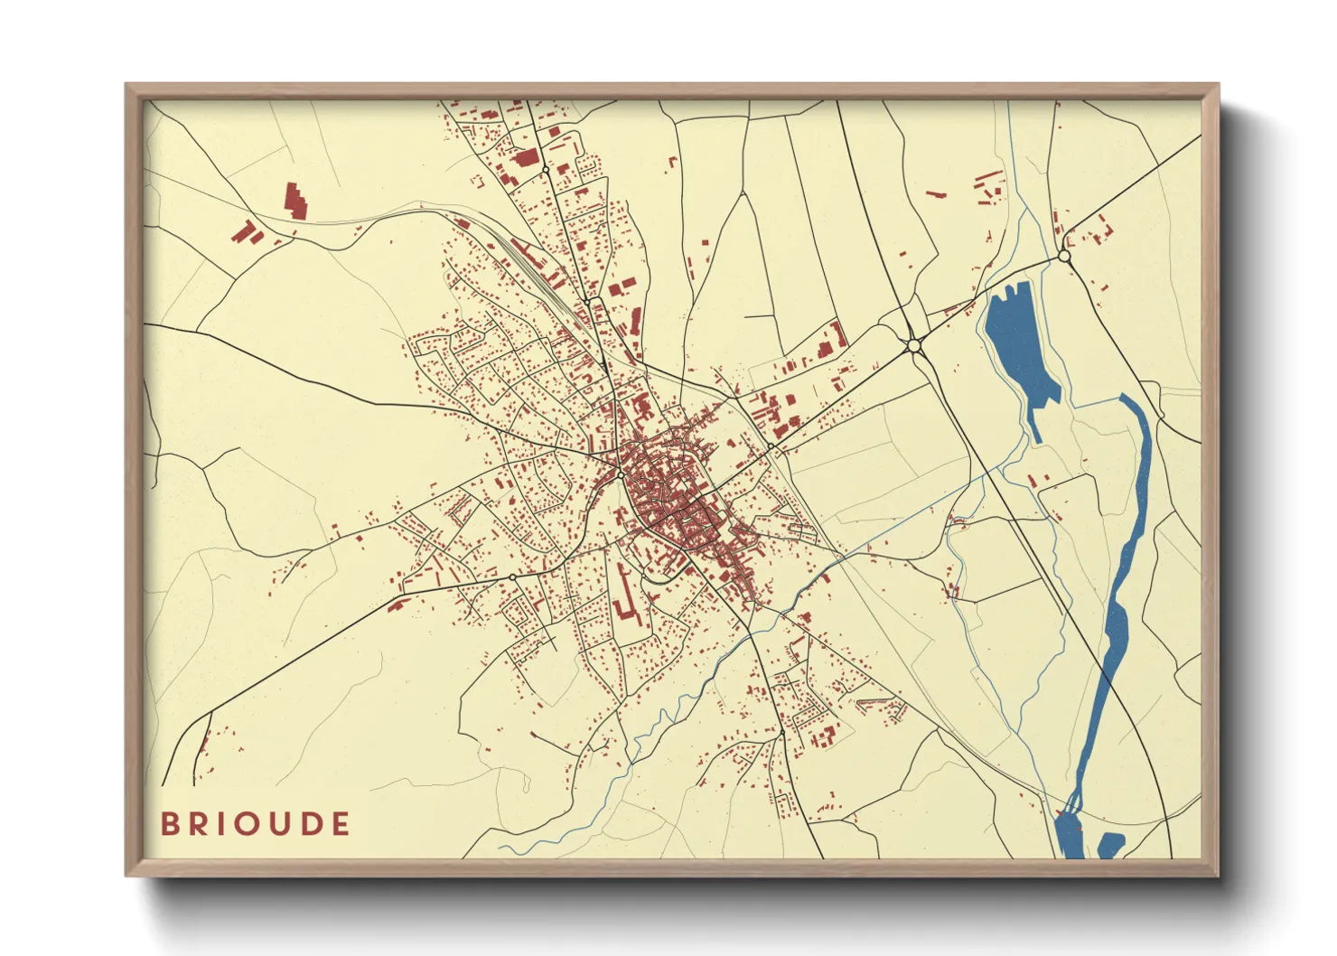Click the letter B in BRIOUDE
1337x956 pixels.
(169, 824)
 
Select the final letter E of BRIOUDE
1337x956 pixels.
(340, 824)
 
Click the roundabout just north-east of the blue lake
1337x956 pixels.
(1064, 257)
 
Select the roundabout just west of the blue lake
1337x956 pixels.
(913, 345)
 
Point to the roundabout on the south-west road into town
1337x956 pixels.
(512, 576)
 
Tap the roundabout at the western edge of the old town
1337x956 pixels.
(621, 473)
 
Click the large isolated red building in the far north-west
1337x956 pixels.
(295, 201)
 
